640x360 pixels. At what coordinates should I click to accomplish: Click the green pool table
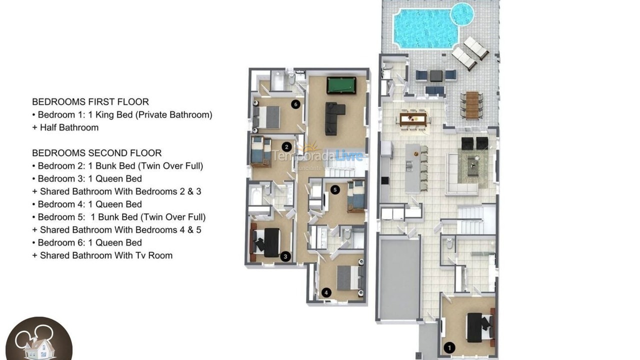pos(341,85)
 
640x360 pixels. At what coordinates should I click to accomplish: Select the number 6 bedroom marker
pos(296,104)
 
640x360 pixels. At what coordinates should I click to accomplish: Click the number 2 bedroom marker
pos(286,146)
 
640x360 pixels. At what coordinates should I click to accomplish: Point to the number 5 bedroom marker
pos(335,189)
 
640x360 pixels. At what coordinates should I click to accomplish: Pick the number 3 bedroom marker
pos(285,257)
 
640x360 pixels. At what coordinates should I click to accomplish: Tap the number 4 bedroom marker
pos(326,293)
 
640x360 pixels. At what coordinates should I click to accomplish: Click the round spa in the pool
pos(462,13)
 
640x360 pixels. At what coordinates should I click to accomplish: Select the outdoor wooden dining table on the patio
pos(472,105)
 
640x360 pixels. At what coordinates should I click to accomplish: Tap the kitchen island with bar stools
pos(412,168)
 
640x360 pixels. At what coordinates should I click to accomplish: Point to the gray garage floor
pos(398,278)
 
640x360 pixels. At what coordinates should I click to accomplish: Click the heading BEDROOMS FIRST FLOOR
pos(90,102)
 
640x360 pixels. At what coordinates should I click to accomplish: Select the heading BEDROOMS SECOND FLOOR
pos(97,153)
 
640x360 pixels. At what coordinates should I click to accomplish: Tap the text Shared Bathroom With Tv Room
pos(106,255)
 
